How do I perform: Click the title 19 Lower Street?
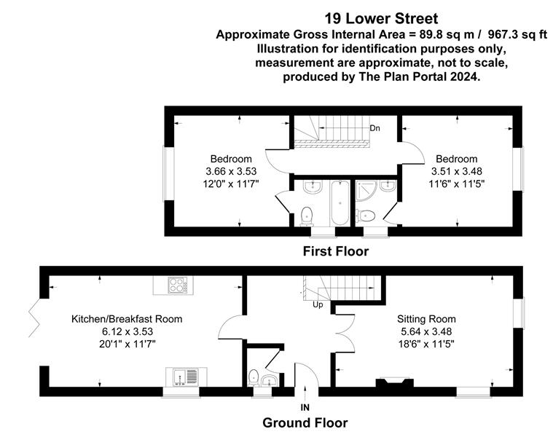(381, 19)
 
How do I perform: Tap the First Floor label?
(336, 251)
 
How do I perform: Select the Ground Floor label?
(305, 422)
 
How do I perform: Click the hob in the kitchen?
(177, 286)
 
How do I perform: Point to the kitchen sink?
(187, 377)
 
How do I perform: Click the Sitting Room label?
(426, 319)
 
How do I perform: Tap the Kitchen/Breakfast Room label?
(127, 319)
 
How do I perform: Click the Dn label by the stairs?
(375, 128)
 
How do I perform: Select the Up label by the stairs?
(318, 305)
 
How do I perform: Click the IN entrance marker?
(305, 407)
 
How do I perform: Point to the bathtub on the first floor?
(340, 203)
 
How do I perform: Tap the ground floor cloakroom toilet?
(254, 377)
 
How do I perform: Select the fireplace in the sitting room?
(395, 383)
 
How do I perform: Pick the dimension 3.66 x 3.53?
(231, 171)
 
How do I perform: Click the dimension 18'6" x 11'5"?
(426, 344)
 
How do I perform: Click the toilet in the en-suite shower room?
(366, 215)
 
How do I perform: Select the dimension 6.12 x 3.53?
(128, 331)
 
